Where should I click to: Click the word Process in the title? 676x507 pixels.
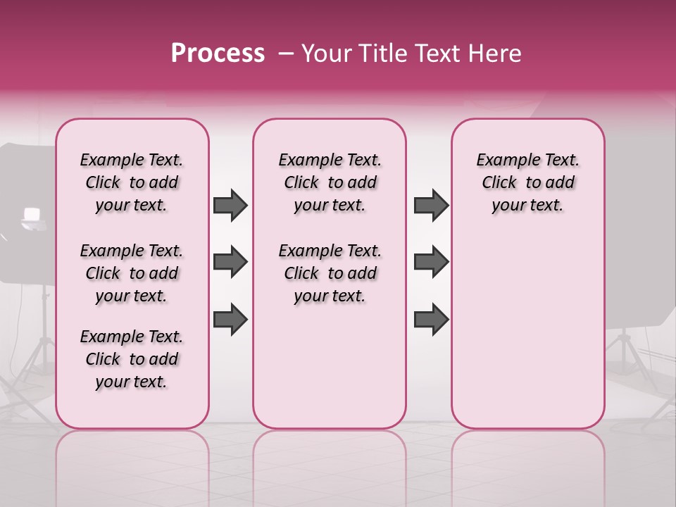(x=218, y=54)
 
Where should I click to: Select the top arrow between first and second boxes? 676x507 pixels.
(x=230, y=205)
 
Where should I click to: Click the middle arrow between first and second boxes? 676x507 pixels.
(x=230, y=262)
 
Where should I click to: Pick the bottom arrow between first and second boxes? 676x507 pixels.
(x=230, y=319)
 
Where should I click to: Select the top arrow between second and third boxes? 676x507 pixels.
(x=431, y=205)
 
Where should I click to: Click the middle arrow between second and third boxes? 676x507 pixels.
(x=431, y=262)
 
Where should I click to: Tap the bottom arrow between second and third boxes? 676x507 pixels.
(x=431, y=319)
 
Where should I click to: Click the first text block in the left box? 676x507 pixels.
(x=132, y=182)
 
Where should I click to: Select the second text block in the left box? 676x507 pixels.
(x=132, y=273)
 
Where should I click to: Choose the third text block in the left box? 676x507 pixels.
(x=132, y=359)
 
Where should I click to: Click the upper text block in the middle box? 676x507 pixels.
(x=330, y=182)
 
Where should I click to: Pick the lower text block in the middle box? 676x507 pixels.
(x=330, y=273)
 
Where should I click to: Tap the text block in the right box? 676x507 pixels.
(x=527, y=182)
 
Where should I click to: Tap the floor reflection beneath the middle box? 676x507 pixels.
(x=330, y=458)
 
